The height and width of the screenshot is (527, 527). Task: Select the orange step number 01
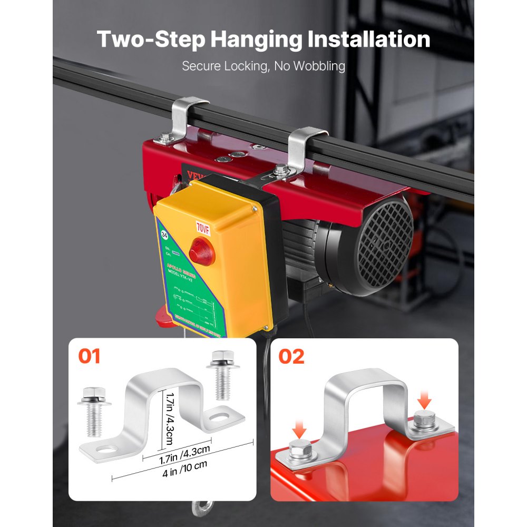(x=89, y=356)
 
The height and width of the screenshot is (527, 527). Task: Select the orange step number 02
(x=291, y=356)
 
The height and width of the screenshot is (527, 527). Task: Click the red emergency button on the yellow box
(x=202, y=251)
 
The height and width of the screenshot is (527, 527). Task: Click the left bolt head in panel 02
(x=299, y=452)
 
